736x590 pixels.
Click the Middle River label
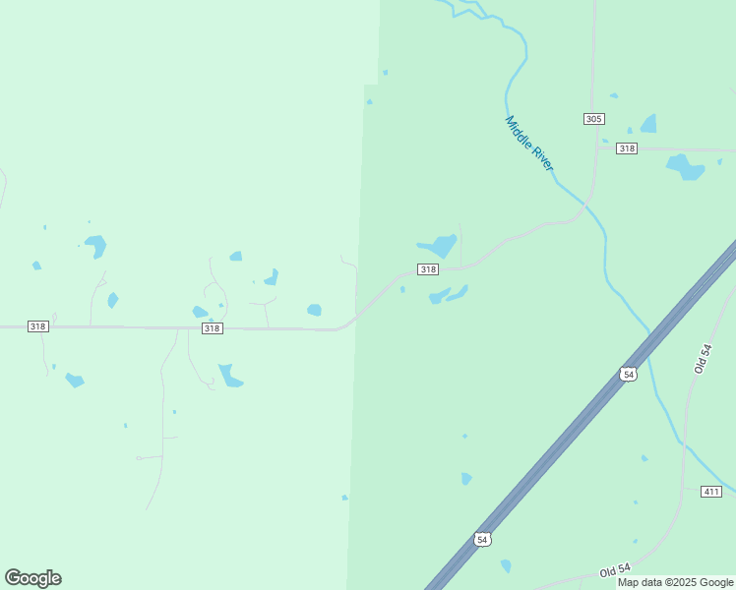tap(529, 144)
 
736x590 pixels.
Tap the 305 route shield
tap(593, 119)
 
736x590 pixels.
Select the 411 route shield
tap(711, 491)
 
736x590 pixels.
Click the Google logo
tap(32, 577)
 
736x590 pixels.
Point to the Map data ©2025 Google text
tap(675, 582)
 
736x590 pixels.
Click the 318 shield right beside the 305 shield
tap(627, 148)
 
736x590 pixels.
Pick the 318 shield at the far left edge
tap(37, 326)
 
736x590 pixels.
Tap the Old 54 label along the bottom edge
tap(615, 571)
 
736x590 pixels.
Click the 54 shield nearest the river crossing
tap(628, 374)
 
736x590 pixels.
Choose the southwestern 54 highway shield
tap(481, 539)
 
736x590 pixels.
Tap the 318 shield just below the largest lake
tap(427, 269)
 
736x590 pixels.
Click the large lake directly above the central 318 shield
tap(438, 245)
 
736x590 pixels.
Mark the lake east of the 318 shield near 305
tap(686, 166)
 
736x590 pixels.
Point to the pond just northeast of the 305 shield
tap(648, 124)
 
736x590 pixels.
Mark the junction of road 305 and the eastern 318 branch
tap(596, 148)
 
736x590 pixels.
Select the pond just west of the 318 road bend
tap(314, 310)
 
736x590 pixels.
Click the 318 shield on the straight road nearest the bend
tap(212, 328)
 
